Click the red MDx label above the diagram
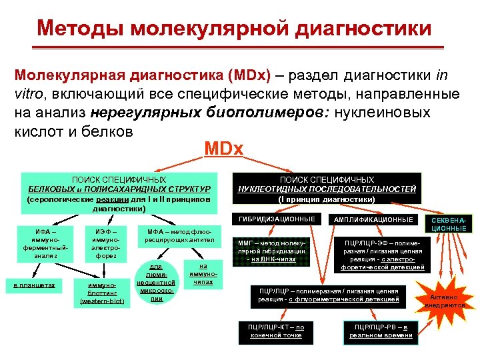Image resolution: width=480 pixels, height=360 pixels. click(x=223, y=147)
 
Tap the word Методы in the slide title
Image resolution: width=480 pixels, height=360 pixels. click(x=80, y=28)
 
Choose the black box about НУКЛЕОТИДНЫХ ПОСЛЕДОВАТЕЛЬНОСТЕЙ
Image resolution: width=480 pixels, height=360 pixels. click(x=327, y=189)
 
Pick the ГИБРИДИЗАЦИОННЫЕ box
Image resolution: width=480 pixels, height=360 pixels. click(x=275, y=219)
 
